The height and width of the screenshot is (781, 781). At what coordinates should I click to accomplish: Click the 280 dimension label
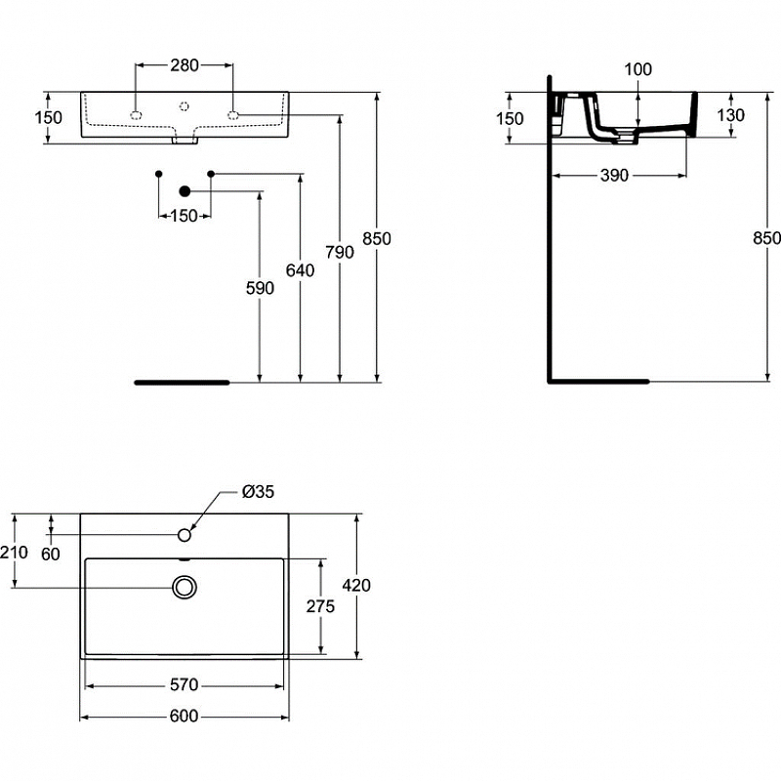pyautogui.click(x=185, y=66)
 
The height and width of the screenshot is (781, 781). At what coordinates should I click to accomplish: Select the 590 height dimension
pyautogui.click(x=261, y=288)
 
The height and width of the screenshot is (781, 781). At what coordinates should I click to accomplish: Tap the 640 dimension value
pyautogui.click(x=301, y=270)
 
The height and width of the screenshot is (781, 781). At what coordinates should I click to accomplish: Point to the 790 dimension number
pyautogui.click(x=339, y=252)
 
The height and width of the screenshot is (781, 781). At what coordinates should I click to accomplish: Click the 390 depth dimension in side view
pyautogui.click(x=615, y=175)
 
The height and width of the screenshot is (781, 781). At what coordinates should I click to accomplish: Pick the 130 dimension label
pyautogui.click(x=730, y=115)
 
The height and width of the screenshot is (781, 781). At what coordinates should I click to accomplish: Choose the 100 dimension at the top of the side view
pyautogui.click(x=637, y=69)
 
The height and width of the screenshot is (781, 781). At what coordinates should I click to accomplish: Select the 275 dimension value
pyautogui.click(x=320, y=606)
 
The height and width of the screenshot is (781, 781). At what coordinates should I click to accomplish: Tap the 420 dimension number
pyautogui.click(x=356, y=586)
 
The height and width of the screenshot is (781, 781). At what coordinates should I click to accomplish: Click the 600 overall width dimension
pyautogui.click(x=184, y=717)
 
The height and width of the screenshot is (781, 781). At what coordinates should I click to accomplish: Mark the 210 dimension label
pyautogui.click(x=15, y=553)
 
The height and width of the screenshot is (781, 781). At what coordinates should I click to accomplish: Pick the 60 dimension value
pyautogui.click(x=51, y=555)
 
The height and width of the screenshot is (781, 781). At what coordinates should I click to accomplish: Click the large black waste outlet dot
pyautogui.click(x=185, y=191)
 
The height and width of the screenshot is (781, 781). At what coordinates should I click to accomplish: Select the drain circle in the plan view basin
pyautogui.click(x=185, y=587)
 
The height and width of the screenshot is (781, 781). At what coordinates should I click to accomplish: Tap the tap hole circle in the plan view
pyautogui.click(x=185, y=534)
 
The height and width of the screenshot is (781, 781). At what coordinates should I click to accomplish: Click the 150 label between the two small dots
pyautogui.click(x=184, y=215)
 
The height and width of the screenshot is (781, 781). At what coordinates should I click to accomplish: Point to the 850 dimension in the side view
pyautogui.click(x=767, y=238)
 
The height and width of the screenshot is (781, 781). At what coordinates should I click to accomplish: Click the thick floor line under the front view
pyautogui.click(x=182, y=383)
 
